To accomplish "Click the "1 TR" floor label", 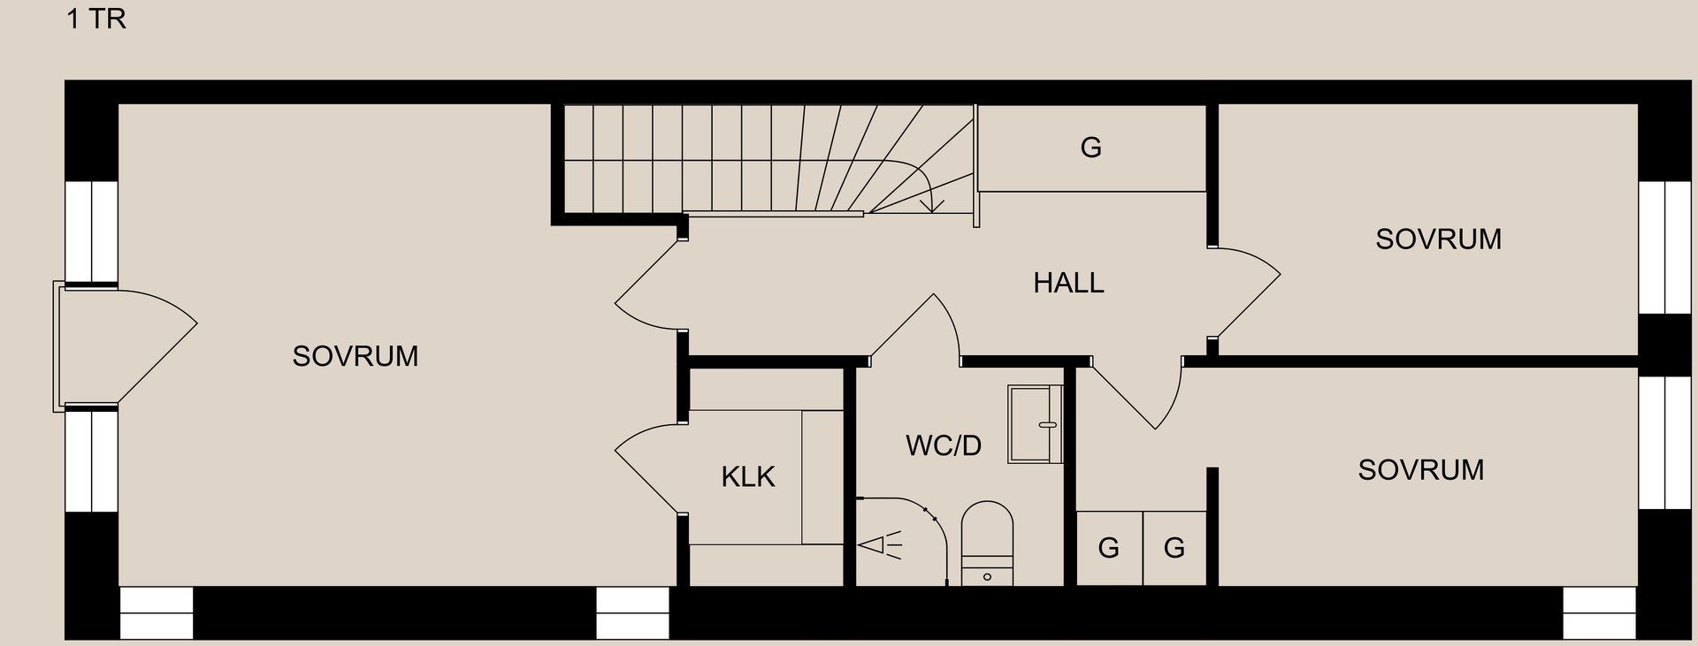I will coord(96,19).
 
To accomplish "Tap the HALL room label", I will coord(1068,283).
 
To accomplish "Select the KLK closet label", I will coord(747,477).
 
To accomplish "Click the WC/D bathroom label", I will coord(943,445).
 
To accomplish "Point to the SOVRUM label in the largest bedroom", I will coord(355,356).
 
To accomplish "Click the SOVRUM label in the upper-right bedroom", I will coord(1438,239).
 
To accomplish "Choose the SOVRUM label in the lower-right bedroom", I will coord(1420,470).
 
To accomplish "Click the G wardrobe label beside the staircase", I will coord(1090,148).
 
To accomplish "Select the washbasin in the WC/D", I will coord(1035,424).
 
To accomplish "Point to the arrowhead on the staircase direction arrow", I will coord(932,207).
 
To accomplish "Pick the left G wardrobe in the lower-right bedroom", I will coord(1109,548).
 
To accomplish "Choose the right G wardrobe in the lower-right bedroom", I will coord(1174,548).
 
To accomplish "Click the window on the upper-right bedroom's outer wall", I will coord(1651,247).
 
